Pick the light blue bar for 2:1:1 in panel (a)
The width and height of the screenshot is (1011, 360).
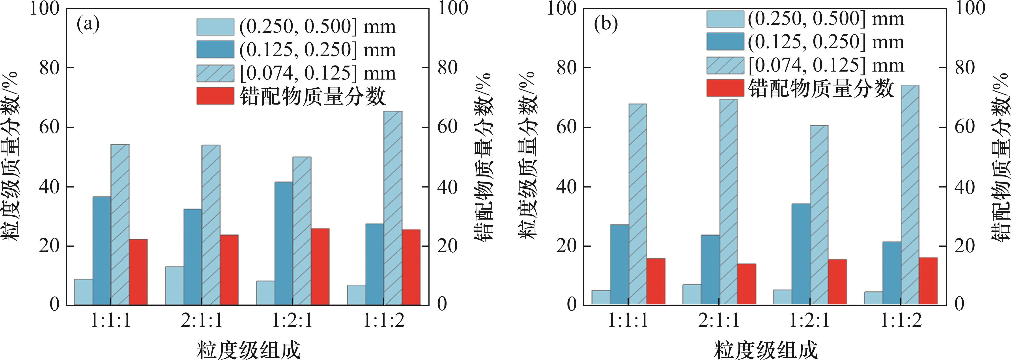pyautogui.click(x=174, y=285)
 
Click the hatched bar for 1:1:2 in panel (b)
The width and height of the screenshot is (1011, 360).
pyautogui.click(x=910, y=195)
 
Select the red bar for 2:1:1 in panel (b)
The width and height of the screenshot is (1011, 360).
pyautogui.click(x=746, y=284)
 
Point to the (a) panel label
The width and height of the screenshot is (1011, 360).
pyautogui.click(x=88, y=24)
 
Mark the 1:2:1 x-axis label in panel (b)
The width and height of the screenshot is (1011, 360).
pyautogui.click(x=810, y=321)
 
